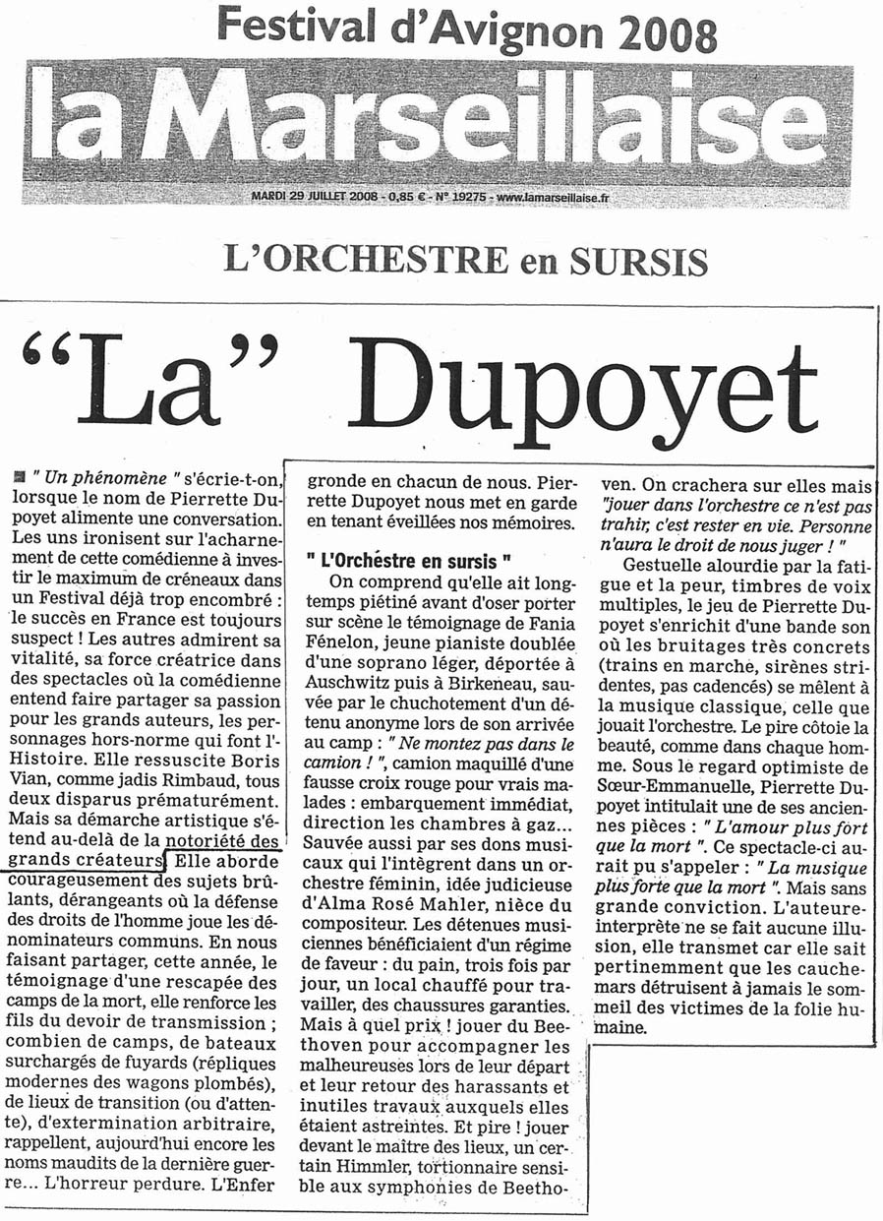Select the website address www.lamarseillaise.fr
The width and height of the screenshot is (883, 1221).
click(x=553, y=197)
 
